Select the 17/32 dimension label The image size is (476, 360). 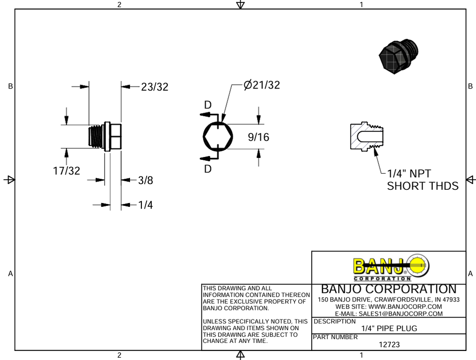click(x=67, y=171)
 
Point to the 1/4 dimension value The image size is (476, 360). click(x=146, y=205)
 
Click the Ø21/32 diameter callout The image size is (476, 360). click(x=261, y=85)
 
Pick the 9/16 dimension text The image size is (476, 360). click(x=258, y=137)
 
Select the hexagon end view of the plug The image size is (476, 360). click(x=218, y=136)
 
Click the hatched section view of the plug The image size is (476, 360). click(x=367, y=137)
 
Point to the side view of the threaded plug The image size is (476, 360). click(x=106, y=137)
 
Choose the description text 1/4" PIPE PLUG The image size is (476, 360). click(x=388, y=328)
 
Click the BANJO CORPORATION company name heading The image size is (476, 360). click(x=388, y=289)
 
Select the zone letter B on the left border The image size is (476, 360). click(x=10, y=86)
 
